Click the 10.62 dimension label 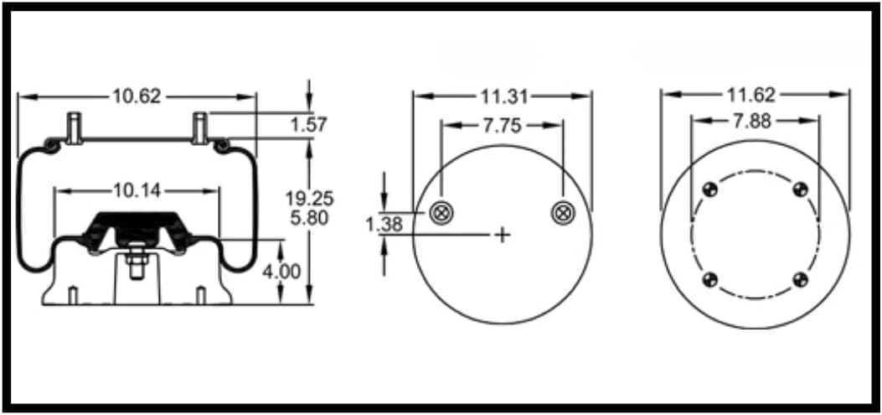[137, 96]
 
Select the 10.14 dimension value [137, 191]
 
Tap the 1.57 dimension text [308, 125]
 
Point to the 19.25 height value [309, 199]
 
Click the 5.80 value [309, 218]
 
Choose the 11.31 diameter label [502, 96]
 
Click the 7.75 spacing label [502, 126]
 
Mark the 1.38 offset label [384, 224]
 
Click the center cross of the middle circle [502, 235]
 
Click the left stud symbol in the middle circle [441, 213]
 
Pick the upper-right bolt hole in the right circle [799, 189]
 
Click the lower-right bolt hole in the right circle [799, 279]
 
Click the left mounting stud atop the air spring [74, 127]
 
